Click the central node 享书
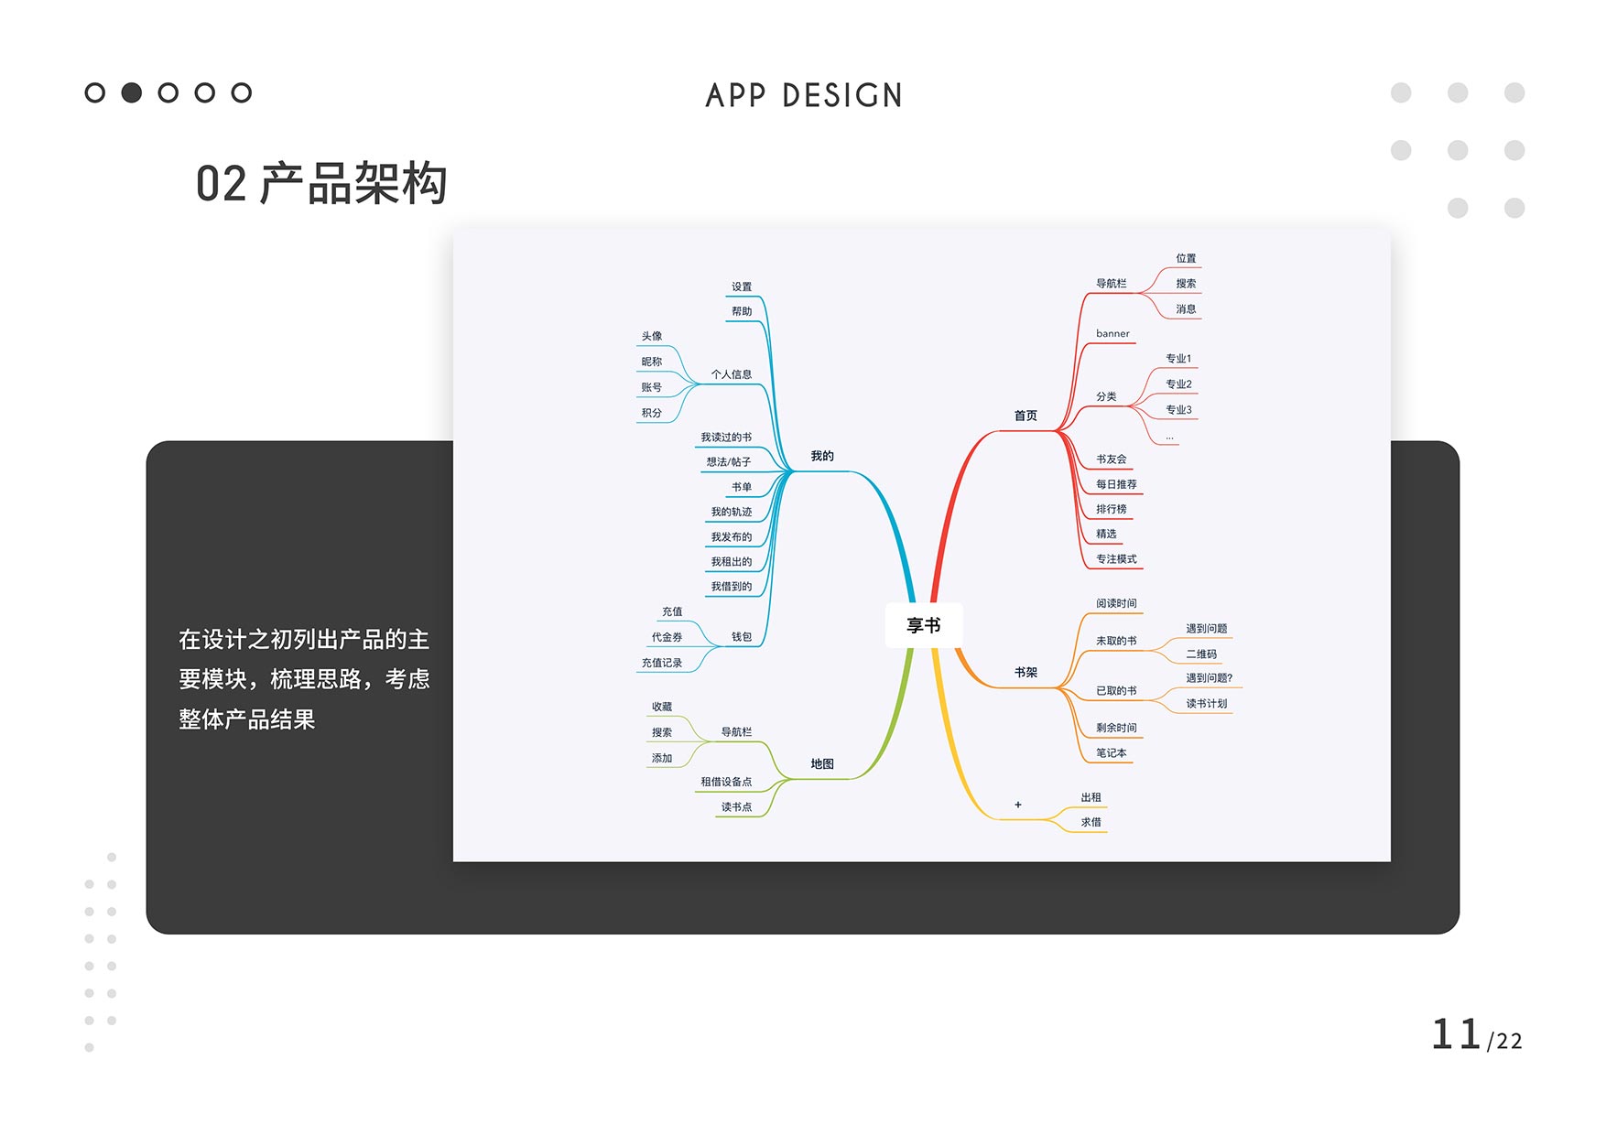[x=923, y=625]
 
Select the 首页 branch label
[x=1025, y=416]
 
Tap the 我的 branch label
[x=822, y=456]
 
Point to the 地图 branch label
[x=822, y=763]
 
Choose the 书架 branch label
[x=1025, y=672]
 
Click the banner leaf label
[x=1112, y=333]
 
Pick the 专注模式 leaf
[x=1116, y=558]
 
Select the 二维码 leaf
[x=1201, y=654]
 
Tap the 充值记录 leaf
[x=661, y=663]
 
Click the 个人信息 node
[x=731, y=374]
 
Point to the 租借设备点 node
[x=726, y=782]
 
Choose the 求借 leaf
[x=1091, y=822]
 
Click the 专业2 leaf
[x=1178, y=384]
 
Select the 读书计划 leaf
[x=1206, y=703]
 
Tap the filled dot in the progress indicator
[x=132, y=92]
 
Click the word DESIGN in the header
[x=842, y=95]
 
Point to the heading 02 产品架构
[x=321, y=183]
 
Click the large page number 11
[x=1456, y=1034]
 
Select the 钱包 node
[x=741, y=637]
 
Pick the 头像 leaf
[x=651, y=336]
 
